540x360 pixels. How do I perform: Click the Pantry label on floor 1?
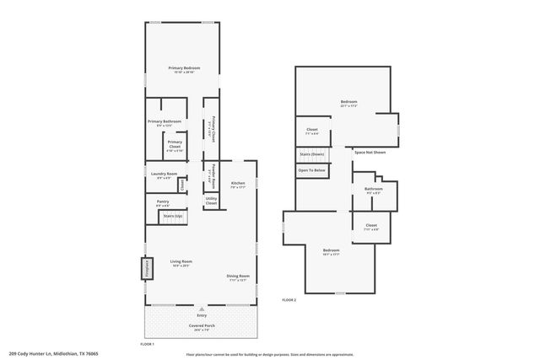pyautogui.click(x=163, y=201)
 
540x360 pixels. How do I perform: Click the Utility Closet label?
pyautogui.click(x=211, y=201)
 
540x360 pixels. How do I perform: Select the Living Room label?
pyautogui.click(x=181, y=261)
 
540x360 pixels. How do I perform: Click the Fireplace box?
pyautogui.click(x=147, y=269)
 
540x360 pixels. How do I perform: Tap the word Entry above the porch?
pyautogui.click(x=202, y=315)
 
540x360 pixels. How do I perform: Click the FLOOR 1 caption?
pyautogui.click(x=147, y=344)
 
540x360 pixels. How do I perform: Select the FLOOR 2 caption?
pyautogui.click(x=289, y=299)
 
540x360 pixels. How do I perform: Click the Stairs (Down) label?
pyautogui.click(x=312, y=154)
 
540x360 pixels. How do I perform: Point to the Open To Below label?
pyautogui.click(x=311, y=170)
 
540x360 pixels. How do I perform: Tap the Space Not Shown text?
pyautogui.click(x=370, y=152)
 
